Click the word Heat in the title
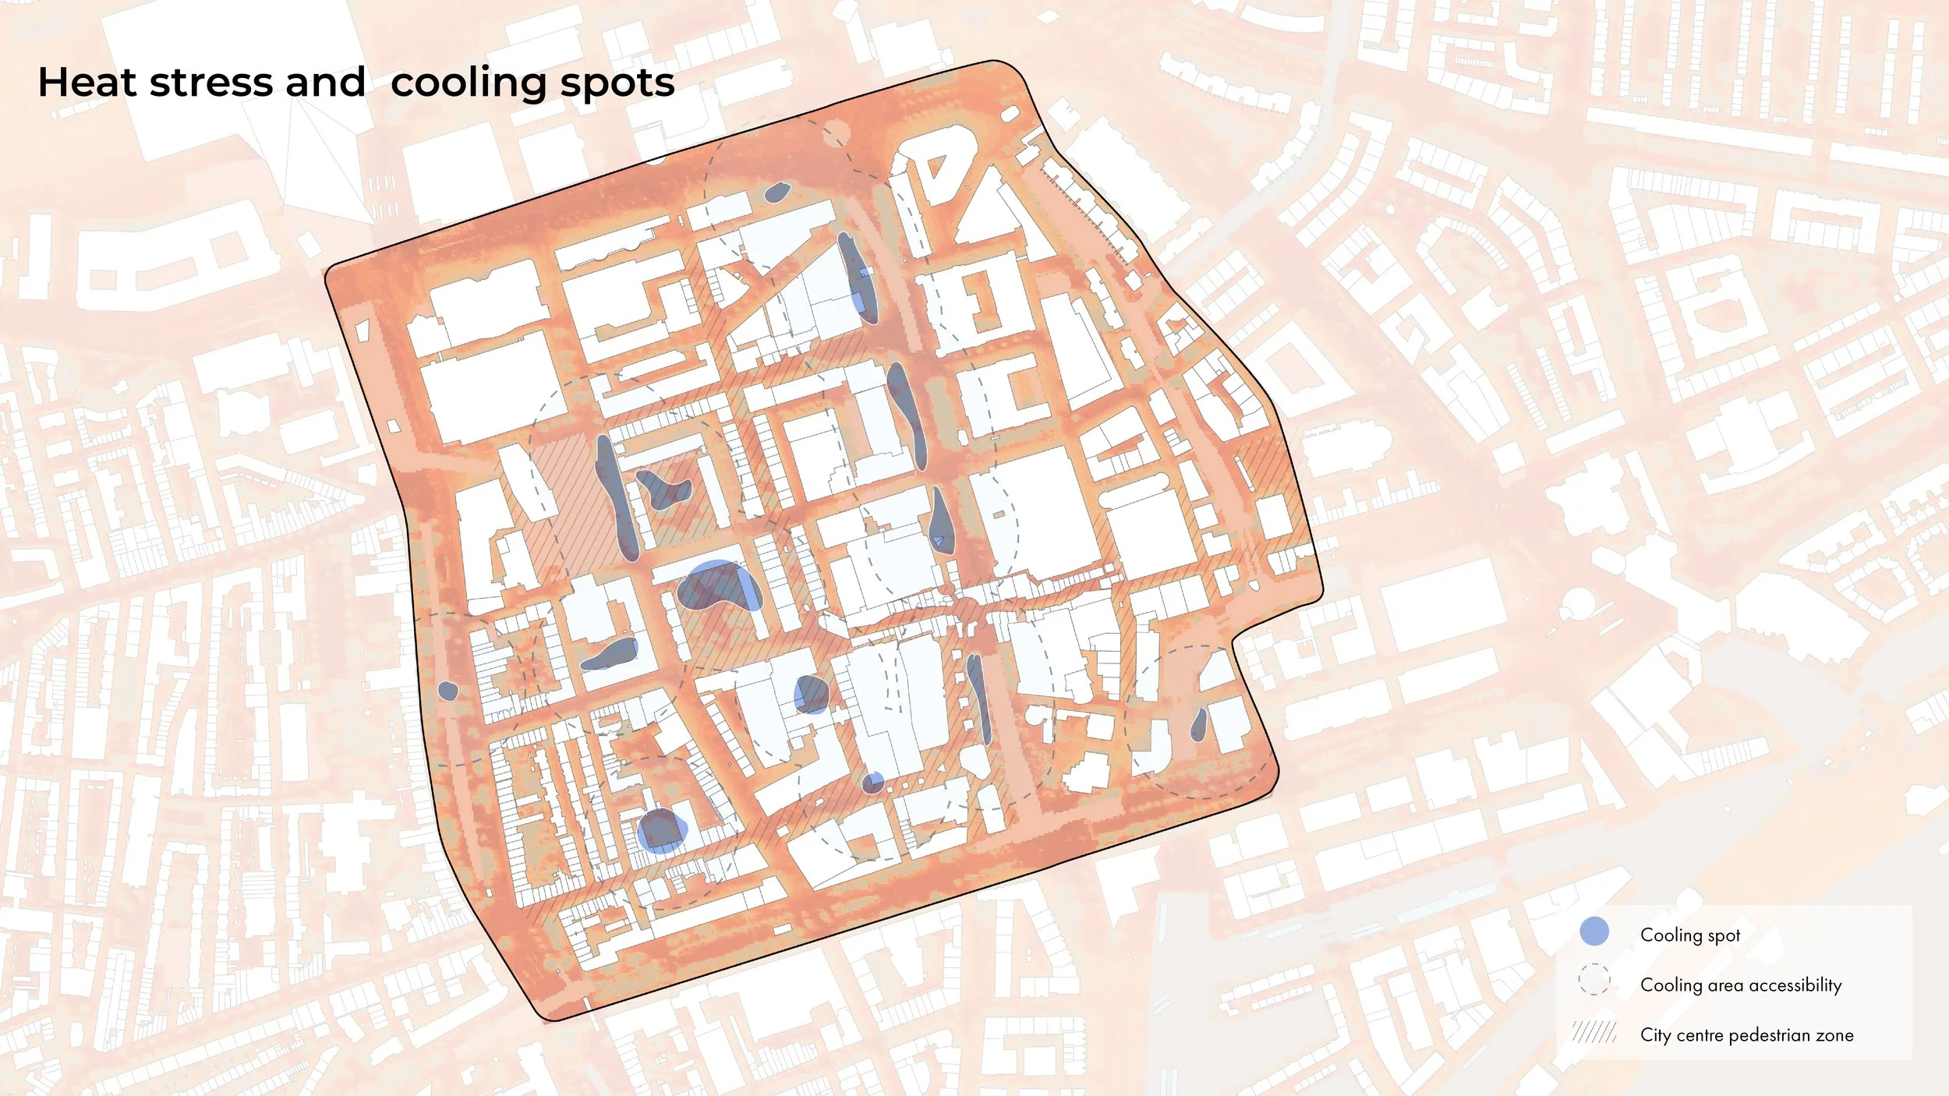point(87,83)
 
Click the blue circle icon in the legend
point(1594,932)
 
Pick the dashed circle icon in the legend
point(1594,980)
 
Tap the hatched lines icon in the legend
point(1594,1034)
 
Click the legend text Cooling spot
point(1690,935)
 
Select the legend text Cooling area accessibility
point(1741,985)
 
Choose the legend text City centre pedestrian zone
point(1746,1035)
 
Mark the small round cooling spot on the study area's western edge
point(447,690)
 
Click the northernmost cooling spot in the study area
point(776,192)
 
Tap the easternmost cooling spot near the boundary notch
point(1199,725)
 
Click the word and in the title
point(325,83)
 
